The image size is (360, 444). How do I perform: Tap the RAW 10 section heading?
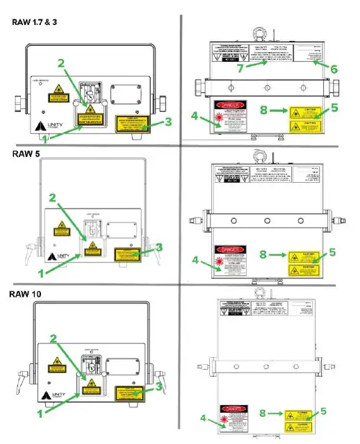27,295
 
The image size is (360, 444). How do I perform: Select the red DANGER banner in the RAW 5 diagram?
231,249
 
